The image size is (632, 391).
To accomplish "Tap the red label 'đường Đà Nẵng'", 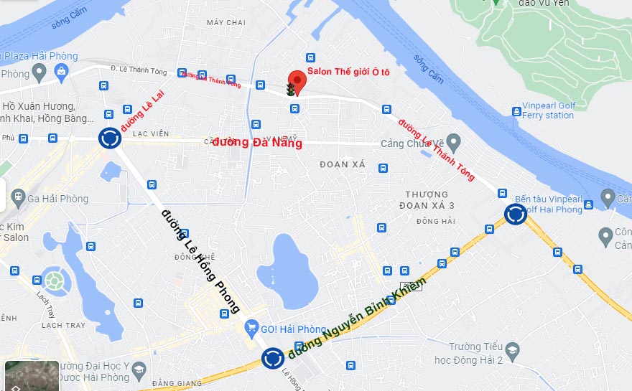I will coord(257,143).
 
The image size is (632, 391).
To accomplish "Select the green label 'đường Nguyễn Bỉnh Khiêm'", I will coord(357,318).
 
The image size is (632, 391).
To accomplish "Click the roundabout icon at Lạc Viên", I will coord(109,137).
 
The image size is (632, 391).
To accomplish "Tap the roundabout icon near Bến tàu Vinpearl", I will coord(515,214).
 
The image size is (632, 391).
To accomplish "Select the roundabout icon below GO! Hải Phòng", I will coord(272,357).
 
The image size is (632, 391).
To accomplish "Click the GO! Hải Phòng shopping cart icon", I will coord(251,329).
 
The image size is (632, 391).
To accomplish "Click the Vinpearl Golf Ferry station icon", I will coord(516,110).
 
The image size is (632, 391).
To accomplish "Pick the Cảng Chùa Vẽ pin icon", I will coord(452,140).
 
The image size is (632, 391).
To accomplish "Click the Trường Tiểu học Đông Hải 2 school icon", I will coord(512,351).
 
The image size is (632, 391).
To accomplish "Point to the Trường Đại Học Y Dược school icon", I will coord(139,370).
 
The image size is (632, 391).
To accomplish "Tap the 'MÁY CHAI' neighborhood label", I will coord(226,23).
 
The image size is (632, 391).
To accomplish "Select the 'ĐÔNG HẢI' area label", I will coord(435,221).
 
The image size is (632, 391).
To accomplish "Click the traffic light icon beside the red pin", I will coord(290,90).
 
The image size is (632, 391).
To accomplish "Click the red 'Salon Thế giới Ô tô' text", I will coord(348,72).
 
